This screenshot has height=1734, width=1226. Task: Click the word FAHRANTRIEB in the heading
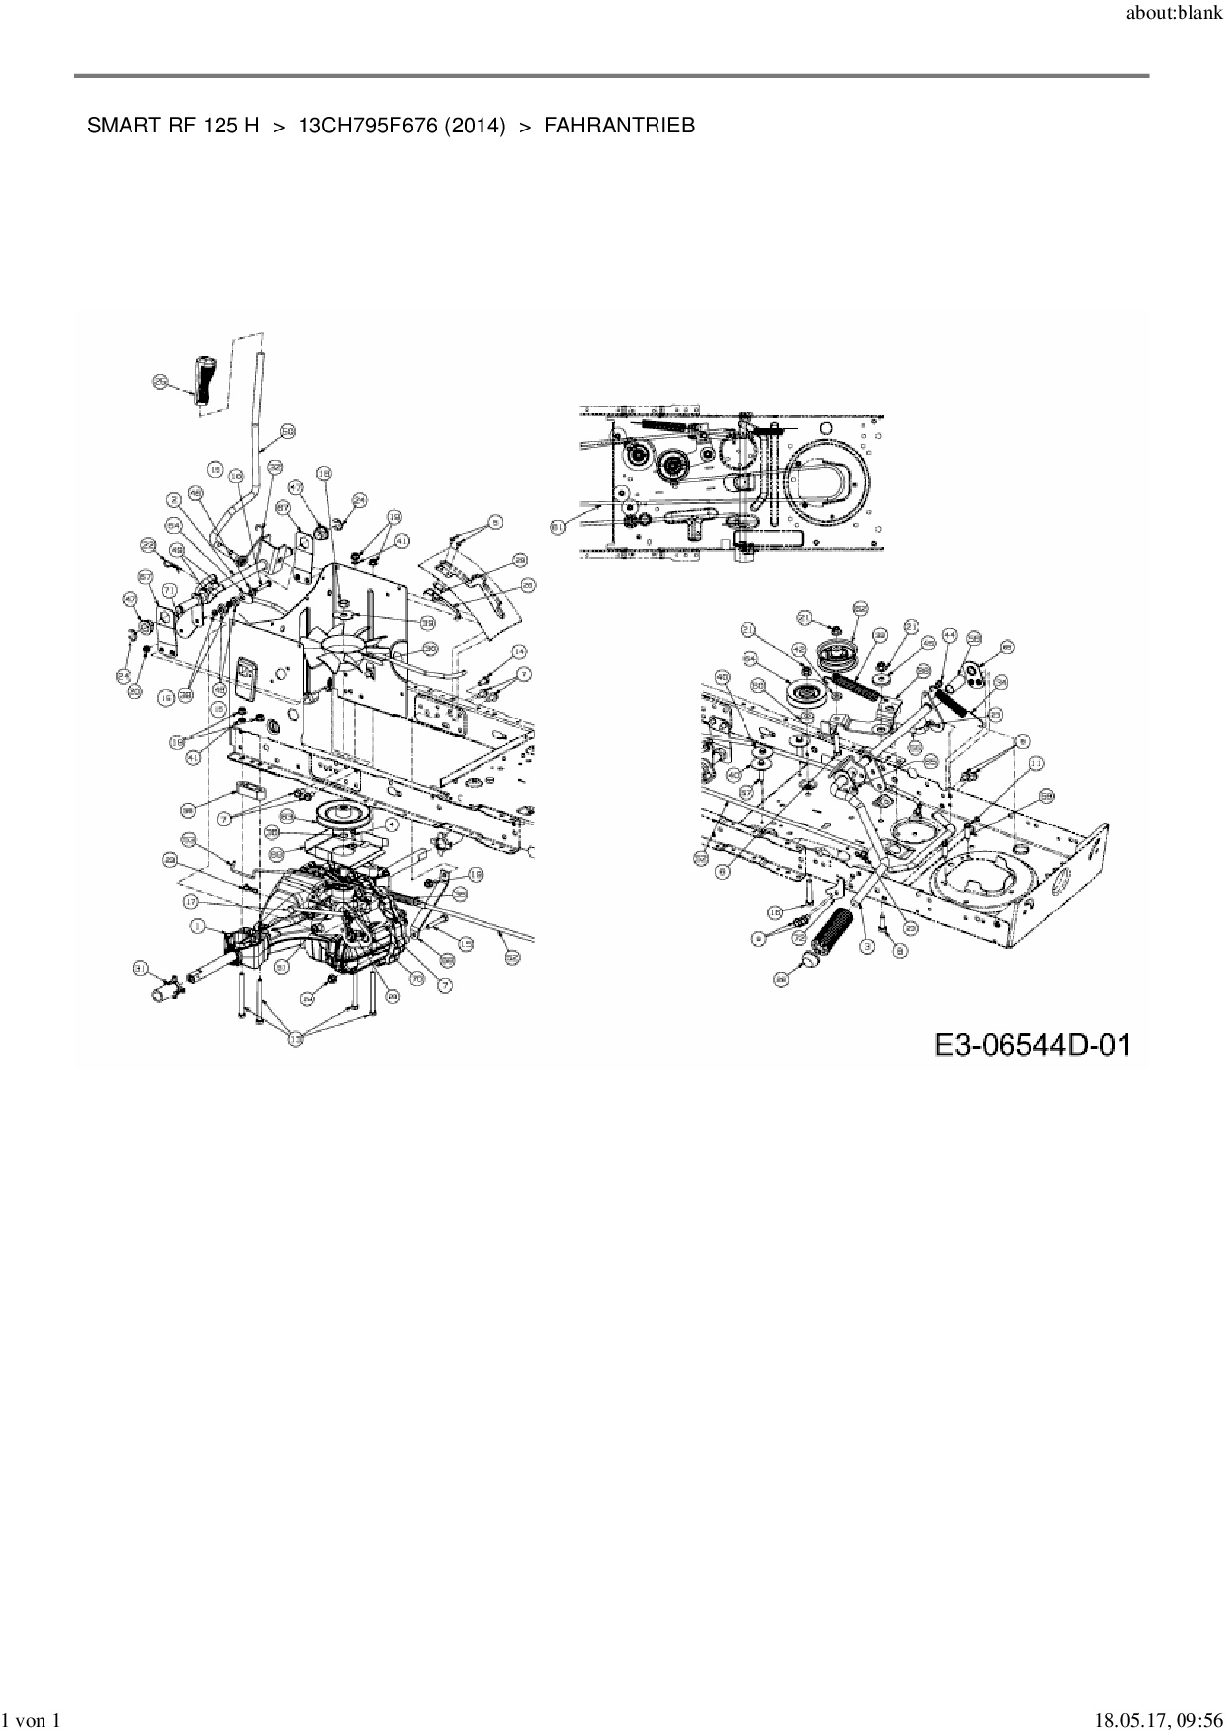(619, 126)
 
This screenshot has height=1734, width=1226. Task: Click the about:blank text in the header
(1174, 18)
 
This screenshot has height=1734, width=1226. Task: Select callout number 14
(519, 651)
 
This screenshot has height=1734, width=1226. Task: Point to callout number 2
(172, 500)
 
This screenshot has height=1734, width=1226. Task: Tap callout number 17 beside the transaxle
(190, 902)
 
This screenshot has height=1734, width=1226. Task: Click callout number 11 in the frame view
(1035, 764)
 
